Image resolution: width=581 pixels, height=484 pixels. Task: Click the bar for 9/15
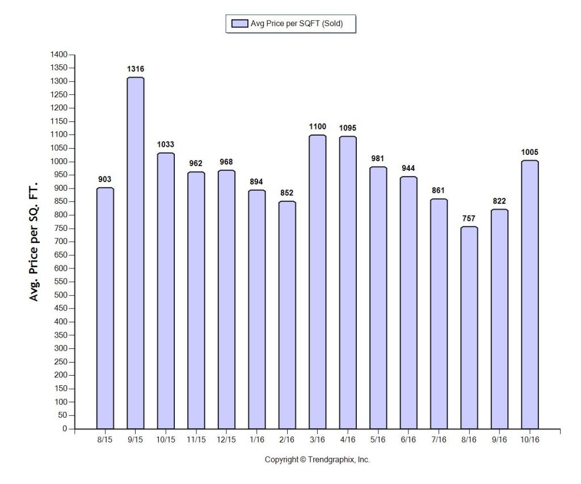point(135,253)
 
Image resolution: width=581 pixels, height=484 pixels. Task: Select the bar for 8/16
point(469,327)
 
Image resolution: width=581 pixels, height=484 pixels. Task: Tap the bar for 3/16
point(318,282)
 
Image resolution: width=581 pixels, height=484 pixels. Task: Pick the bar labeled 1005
point(530,294)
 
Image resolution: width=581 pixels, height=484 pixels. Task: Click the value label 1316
point(135,69)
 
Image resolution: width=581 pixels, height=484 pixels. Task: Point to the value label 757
point(469,218)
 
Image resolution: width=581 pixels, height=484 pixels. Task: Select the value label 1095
point(348,128)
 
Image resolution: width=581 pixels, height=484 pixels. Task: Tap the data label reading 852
point(287,193)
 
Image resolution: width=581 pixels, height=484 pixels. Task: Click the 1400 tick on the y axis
point(59,54)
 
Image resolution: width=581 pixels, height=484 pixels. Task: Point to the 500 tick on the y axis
point(61,295)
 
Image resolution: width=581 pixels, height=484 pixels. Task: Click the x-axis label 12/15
point(226,440)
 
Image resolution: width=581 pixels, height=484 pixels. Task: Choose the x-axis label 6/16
point(409,440)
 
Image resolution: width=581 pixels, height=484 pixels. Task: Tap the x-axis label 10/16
point(530,440)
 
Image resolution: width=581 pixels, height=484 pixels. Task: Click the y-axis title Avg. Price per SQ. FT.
point(33,241)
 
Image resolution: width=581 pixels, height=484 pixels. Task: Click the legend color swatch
point(240,23)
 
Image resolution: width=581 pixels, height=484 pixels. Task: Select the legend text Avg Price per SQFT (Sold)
point(297,23)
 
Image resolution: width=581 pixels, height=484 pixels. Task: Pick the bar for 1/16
point(257,309)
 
